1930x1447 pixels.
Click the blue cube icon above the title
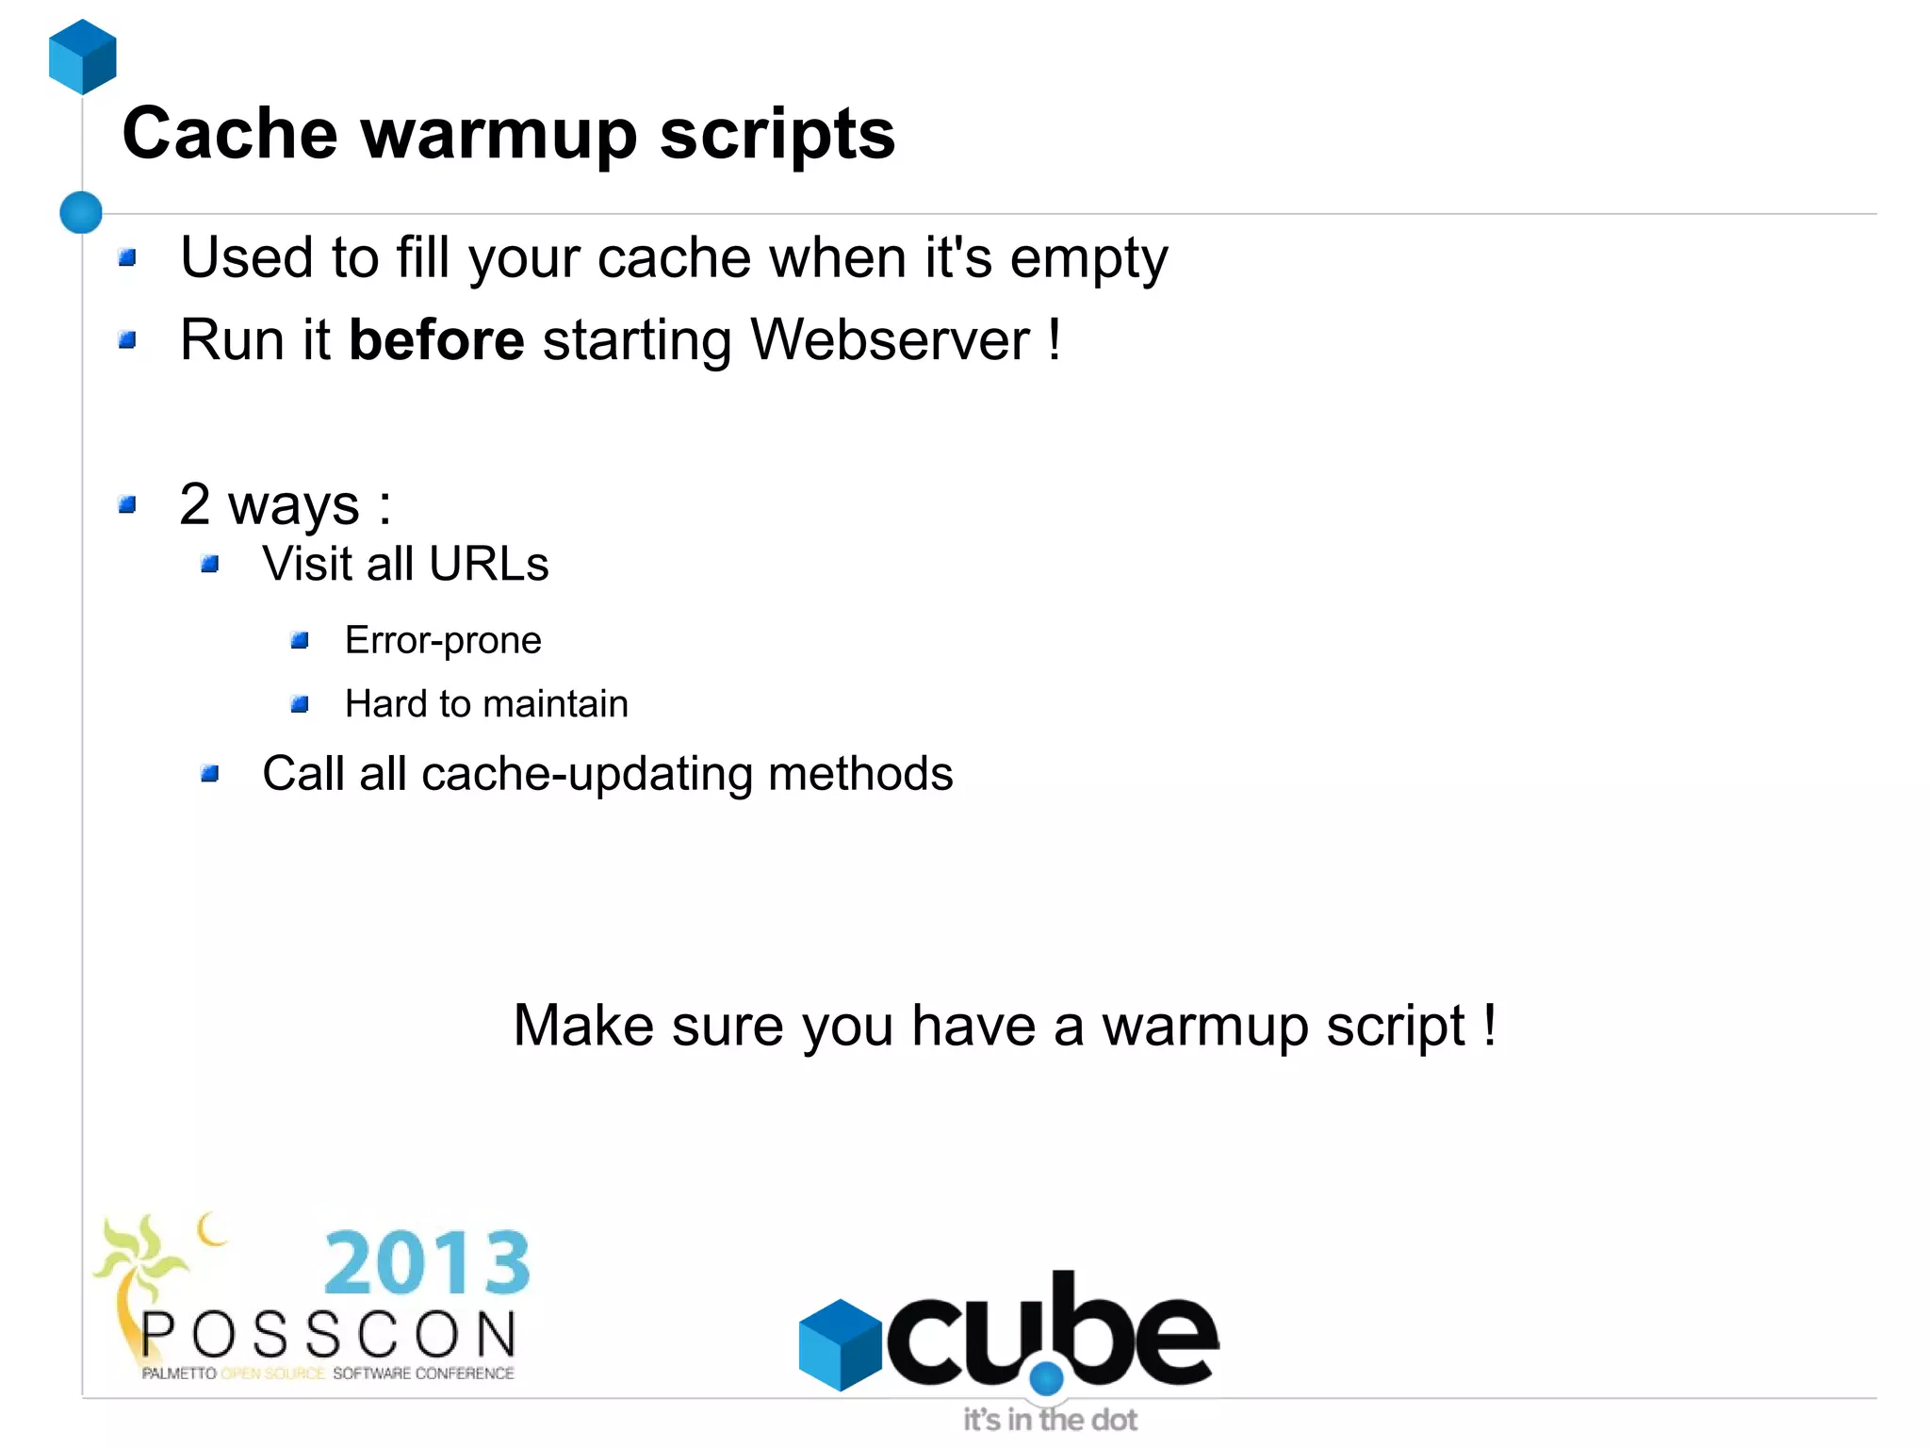83,57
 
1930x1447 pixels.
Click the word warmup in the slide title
499,134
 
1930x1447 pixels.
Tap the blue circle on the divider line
81,212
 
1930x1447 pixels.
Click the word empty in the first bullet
1088,259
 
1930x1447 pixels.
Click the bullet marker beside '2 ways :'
128,505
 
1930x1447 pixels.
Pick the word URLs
488,565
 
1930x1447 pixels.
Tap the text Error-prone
443,641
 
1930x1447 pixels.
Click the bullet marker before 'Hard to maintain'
301,704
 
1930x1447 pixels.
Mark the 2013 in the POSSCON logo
427,1263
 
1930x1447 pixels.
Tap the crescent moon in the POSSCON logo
212,1229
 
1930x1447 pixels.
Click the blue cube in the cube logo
840,1344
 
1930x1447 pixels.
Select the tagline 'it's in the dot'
1050,1420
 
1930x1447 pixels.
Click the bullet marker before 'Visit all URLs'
210,565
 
